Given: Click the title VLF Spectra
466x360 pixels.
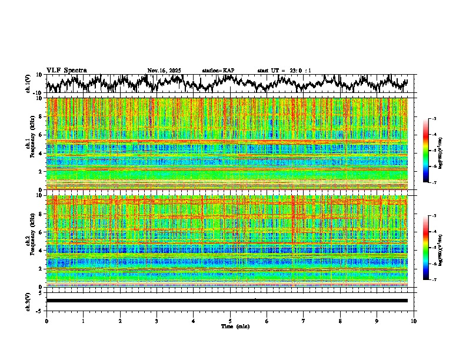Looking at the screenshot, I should (66, 70).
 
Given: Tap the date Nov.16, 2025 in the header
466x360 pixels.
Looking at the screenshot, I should (164, 71).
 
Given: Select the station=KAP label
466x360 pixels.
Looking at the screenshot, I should (218, 71).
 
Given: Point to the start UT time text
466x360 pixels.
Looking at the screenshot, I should (284, 71).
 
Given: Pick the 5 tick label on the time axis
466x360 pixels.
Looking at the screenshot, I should (230, 321).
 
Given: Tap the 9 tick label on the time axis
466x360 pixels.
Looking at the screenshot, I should (377, 321).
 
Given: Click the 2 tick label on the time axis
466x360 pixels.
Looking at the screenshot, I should (120, 321).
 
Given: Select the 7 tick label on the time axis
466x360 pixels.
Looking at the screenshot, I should (304, 321).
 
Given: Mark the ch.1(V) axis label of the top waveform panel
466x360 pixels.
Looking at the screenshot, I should (28, 84).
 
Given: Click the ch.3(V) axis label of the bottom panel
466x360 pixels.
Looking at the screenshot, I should (28, 301).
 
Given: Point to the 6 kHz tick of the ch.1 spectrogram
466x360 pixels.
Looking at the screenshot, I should (41, 135).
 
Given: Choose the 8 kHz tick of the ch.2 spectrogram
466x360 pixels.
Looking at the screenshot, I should (41, 214).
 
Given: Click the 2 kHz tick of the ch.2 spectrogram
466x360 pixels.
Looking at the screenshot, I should (41, 269).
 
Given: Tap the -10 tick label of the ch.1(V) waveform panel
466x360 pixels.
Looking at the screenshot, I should (36, 93).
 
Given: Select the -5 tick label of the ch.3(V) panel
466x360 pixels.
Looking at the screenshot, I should (38, 310).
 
